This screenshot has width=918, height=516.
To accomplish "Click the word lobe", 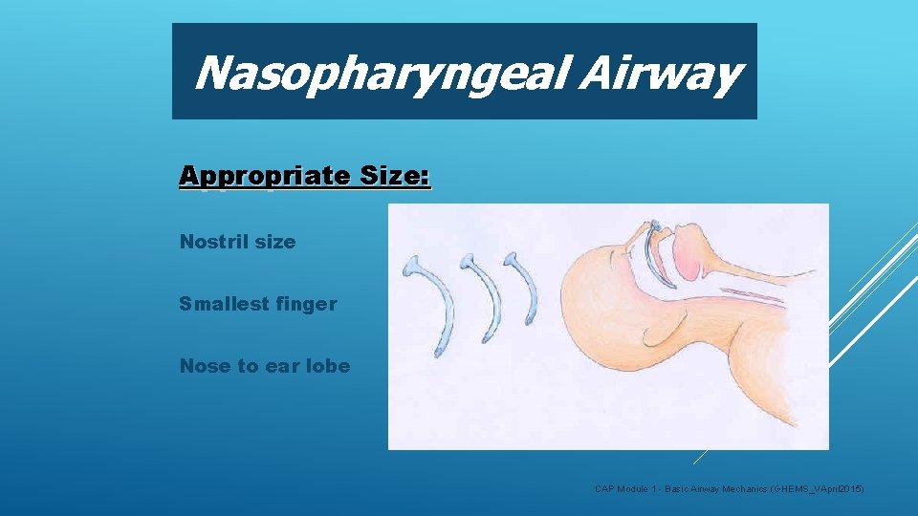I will coord(326,366).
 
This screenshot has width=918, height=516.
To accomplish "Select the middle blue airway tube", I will coord(482,295).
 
